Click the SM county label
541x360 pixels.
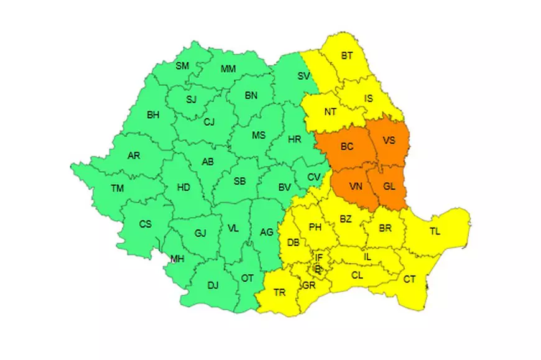[x=182, y=66]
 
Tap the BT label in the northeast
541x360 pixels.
[x=346, y=56]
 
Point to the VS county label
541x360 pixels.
[x=389, y=140]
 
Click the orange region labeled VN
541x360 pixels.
[x=356, y=186]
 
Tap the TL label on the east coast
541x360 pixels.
[x=435, y=232]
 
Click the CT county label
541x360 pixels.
[x=409, y=279]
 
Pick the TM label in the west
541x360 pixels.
[x=117, y=188]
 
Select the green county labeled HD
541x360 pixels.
[x=184, y=187]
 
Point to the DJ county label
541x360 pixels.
[x=213, y=285]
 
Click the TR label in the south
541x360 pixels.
[x=280, y=292]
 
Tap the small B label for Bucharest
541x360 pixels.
[x=318, y=269]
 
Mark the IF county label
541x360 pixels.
[x=319, y=257]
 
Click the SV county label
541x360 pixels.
[x=303, y=76]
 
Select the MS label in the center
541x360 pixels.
[x=258, y=135]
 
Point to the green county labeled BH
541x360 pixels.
[x=153, y=115]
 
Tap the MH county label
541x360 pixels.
[x=177, y=259]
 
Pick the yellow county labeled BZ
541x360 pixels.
[x=346, y=218]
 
